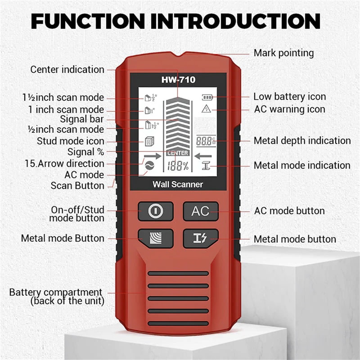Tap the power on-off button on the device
[155, 211]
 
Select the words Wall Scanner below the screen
[177, 184]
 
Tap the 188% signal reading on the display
[178, 166]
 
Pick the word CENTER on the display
[178, 153]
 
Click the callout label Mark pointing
[283, 53]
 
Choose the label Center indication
[67, 70]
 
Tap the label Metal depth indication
[302, 141]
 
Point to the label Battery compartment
[56, 292]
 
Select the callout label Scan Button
[77, 185]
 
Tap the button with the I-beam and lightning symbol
[200, 238]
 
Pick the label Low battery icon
[289, 97]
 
